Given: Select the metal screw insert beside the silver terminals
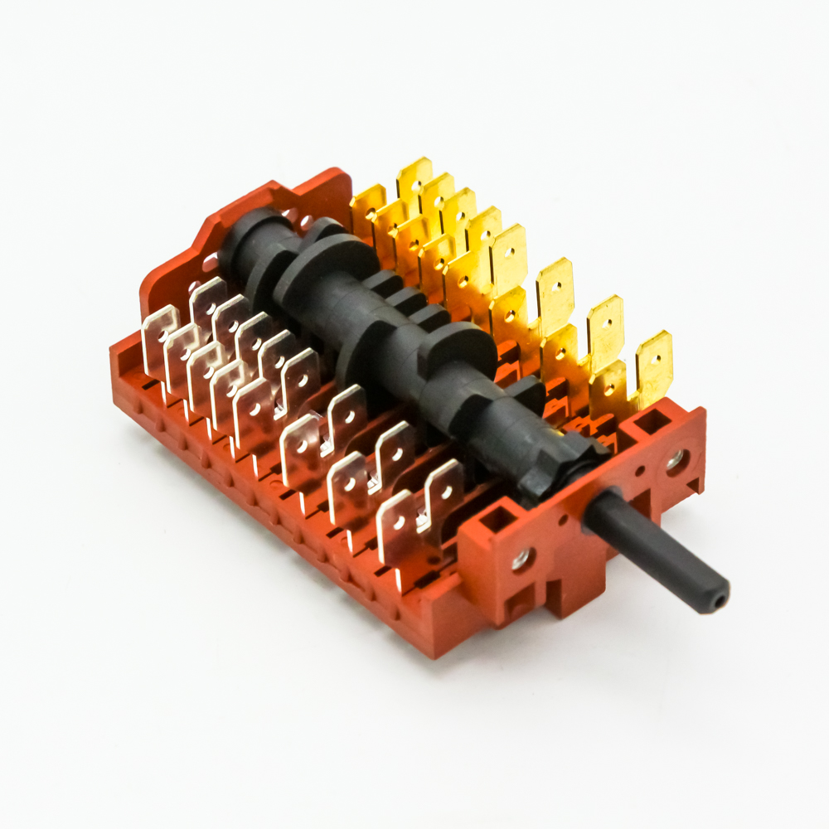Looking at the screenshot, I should tap(521, 560).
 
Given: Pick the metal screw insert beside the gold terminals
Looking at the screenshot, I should tap(676, 459).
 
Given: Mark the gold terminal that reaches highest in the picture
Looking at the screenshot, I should tap(414, 178).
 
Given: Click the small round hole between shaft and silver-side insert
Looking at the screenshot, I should tap(563, 521).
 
